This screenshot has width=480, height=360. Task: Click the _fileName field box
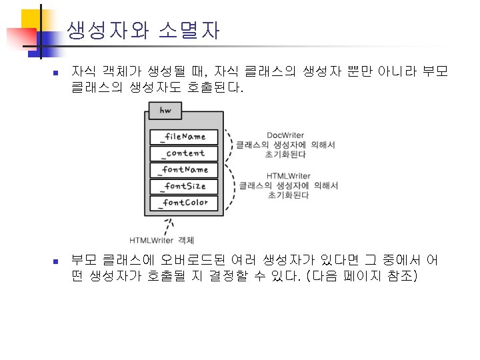coord(184,137)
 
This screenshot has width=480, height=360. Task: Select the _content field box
coord(184,153)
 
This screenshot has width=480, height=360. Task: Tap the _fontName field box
coord(184,170)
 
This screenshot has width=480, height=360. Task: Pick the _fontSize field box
coord(184,186)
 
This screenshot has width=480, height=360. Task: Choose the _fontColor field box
coord(184,203)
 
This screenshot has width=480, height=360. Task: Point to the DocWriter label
coord(285,135)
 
